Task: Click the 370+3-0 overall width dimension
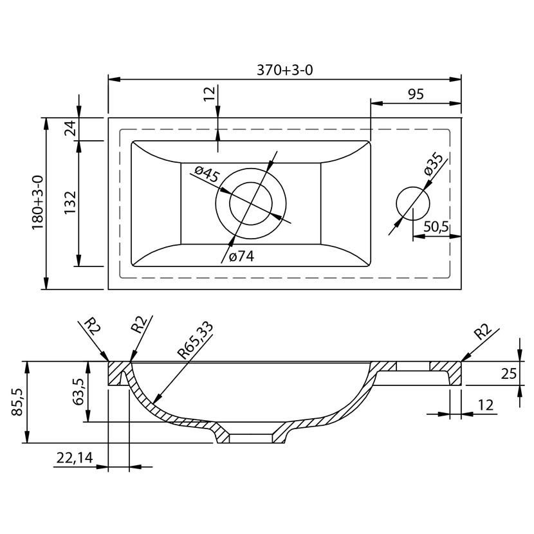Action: click(x=284, y=70)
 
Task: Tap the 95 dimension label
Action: click(x=416, y=95)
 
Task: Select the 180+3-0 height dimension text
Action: click(x=38, y=202)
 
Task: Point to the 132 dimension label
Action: click(x=70, y=202)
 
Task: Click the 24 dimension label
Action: click(x=71, y=129)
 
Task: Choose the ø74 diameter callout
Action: click(x=241, y=256)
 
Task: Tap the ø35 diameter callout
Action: click(x=434, y=165)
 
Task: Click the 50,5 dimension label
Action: click(x=436, y=226)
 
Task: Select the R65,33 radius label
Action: click(x=196, y=340)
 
